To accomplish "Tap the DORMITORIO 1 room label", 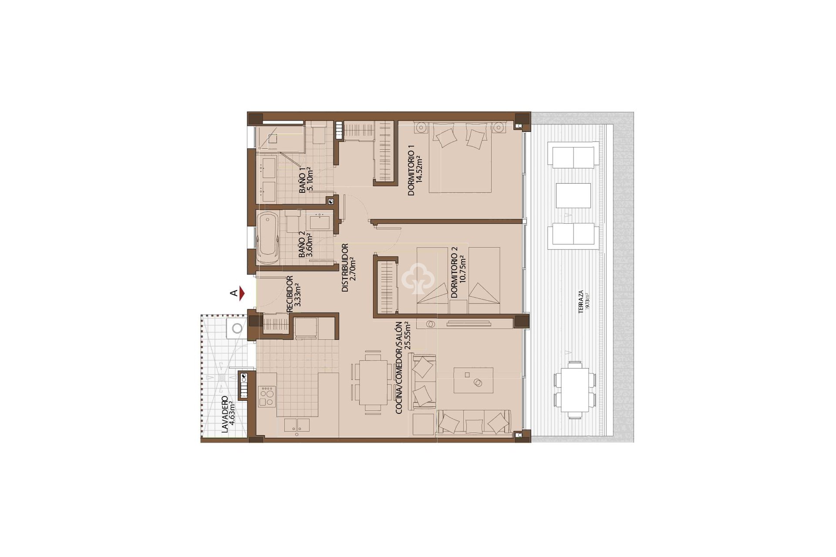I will (x=411, y=176).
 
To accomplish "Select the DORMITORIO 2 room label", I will (x=454, y=272).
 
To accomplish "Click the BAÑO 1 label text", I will (x=302, y=180).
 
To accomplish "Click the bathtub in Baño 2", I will (x=267, y=237).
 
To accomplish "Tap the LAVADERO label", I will (x=225, y=414).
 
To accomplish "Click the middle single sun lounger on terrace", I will (x=574, y=195).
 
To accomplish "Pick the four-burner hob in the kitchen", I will (x=266, y=396).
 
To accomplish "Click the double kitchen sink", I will (x=297, y=425).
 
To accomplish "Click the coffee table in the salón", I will (x=473, y=381).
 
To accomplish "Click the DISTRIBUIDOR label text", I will (x=345, y=267).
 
